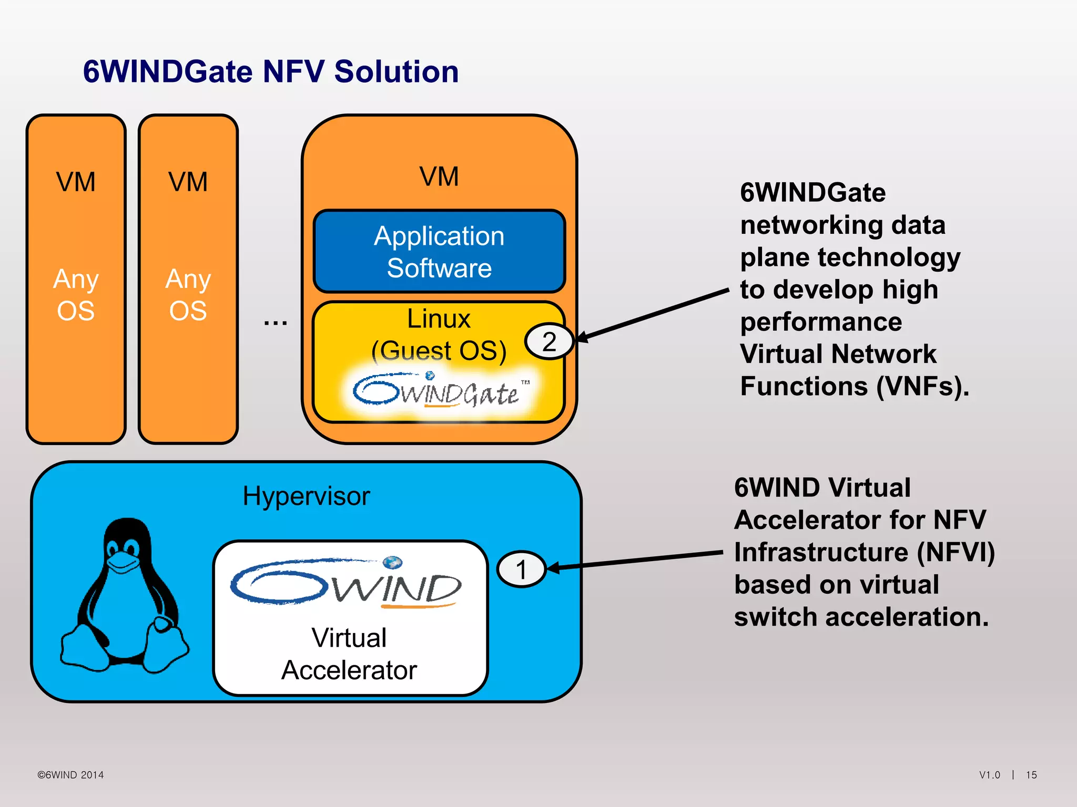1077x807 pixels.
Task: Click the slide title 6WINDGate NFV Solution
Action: [x=271, y=71]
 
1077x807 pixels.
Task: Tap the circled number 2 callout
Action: [x=549, y=342]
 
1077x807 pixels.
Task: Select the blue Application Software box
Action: [x=439, y=252]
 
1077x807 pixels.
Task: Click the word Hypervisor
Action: [x=306, y=496]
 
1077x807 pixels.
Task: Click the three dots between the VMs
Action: [x=276, y=322]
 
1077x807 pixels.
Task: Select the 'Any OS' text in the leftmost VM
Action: [x=76, y=295]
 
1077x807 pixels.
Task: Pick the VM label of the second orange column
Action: [x=188, y=182]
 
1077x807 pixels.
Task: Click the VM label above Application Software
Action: [x=439, y=177]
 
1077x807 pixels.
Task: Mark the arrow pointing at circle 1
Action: [x=636, y=560]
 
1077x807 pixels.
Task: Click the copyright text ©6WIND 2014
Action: [x=70, y=775]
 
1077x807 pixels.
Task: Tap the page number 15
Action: [x=1031, y=775]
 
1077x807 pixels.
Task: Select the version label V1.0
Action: [x=990, y=775]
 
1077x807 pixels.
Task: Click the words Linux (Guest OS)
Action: [x=439, y=335]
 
